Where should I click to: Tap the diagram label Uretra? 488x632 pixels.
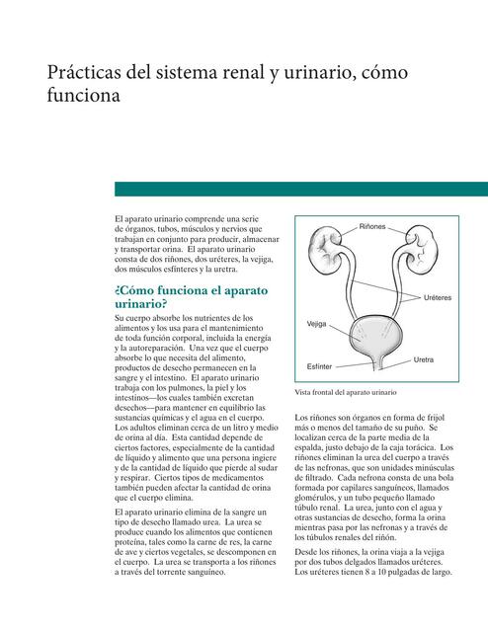click(x=424, y=359)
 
